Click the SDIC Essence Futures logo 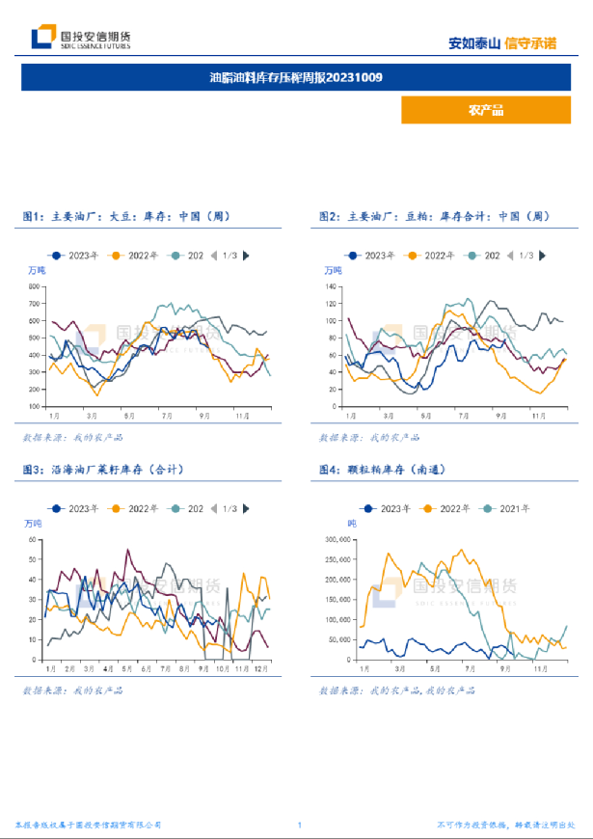[81, 38]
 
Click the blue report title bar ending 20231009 [296, 77]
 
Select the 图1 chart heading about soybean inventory [126, 218]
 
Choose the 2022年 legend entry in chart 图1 [137, 256]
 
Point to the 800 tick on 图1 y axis [35, 286]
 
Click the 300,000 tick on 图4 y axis [337, 539]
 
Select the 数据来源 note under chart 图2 [370, 438]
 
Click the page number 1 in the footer [300, 825]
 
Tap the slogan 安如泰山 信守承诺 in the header [502, 43]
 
